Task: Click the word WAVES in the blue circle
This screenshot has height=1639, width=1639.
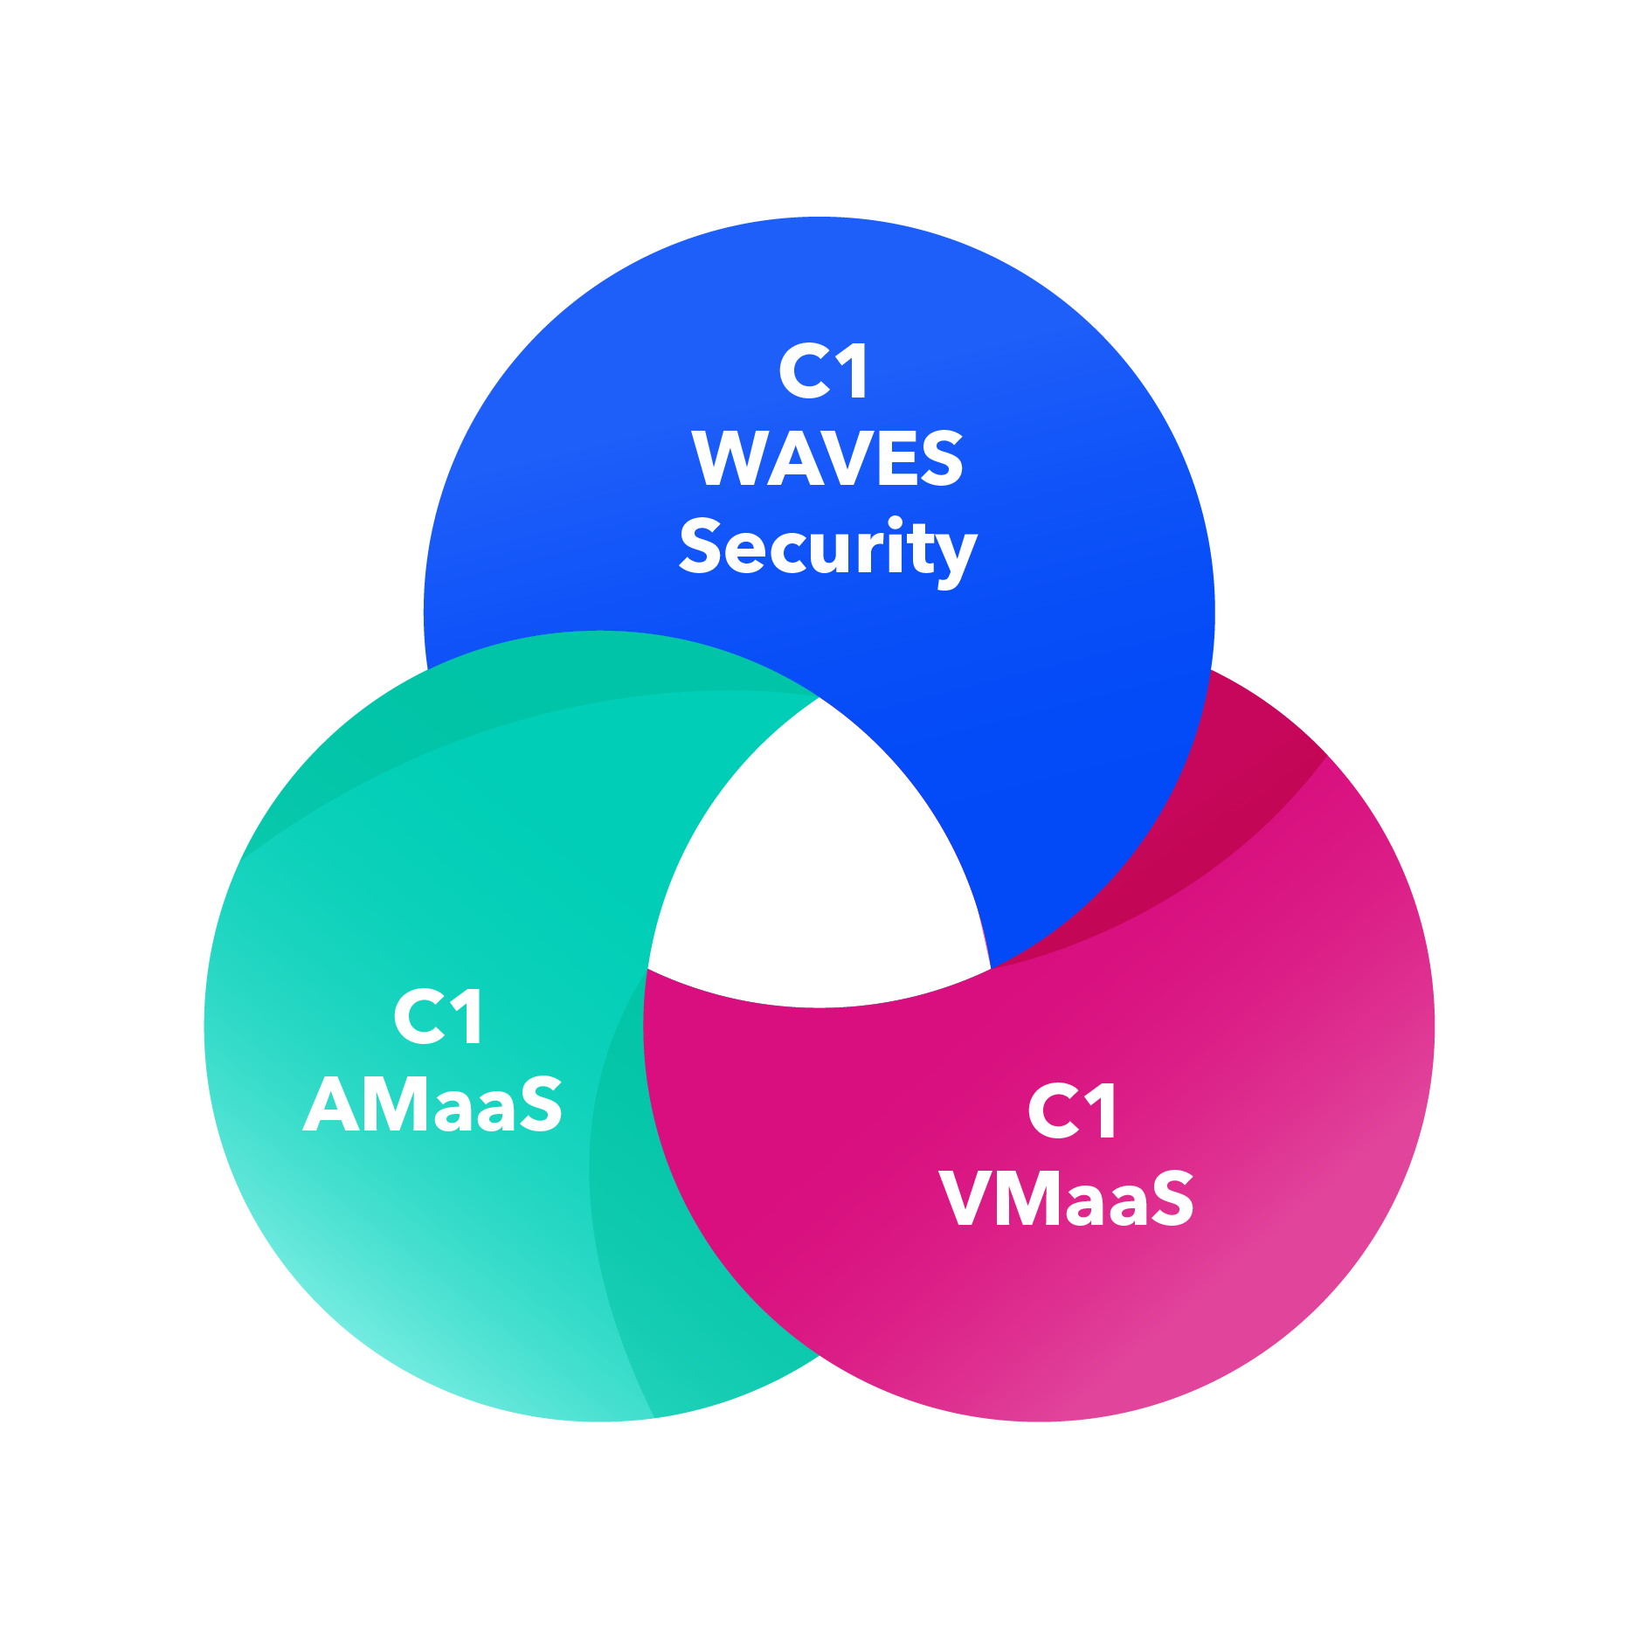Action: [827, 459]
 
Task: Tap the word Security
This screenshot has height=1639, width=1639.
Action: [827, 549]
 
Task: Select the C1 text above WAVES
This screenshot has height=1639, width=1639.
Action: [824, 372]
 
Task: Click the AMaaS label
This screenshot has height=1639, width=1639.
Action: [433, 1105]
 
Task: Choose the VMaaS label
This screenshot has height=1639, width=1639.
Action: [1067, 1199]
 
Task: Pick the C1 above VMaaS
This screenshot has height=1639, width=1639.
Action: [1072, 1110]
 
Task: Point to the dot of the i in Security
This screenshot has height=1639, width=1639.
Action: [895, 523]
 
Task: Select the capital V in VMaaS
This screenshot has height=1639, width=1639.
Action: [970, 1199]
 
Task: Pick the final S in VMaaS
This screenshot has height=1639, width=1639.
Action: [1166, 1199]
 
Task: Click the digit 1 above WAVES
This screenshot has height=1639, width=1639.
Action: [853, 372]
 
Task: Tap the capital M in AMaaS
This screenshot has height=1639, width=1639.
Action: [393, 1105]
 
